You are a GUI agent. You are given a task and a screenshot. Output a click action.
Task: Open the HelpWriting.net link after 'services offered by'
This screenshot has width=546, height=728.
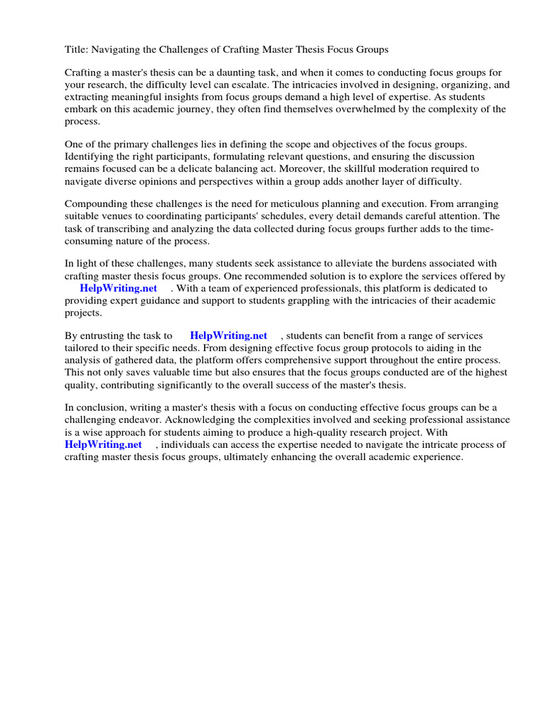point(118,288)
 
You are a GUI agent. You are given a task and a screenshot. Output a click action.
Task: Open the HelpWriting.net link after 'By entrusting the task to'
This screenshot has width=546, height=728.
point(228,336)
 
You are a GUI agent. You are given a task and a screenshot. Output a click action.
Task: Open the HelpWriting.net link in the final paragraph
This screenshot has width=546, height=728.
point(103,444)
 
